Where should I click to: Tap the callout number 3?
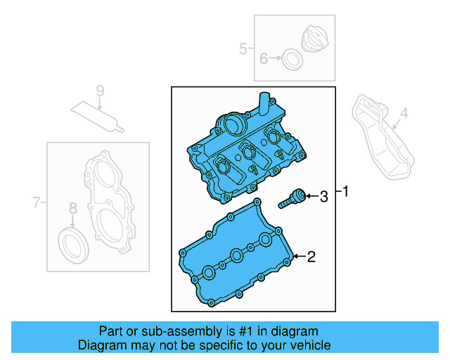point(323,198)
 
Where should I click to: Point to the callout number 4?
point(404,113)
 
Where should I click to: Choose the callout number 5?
point(243,49)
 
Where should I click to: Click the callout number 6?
point(264,59)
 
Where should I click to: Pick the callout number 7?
point(37,204)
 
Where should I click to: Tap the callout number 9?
point(100,90)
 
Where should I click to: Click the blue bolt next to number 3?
point(293,199)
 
